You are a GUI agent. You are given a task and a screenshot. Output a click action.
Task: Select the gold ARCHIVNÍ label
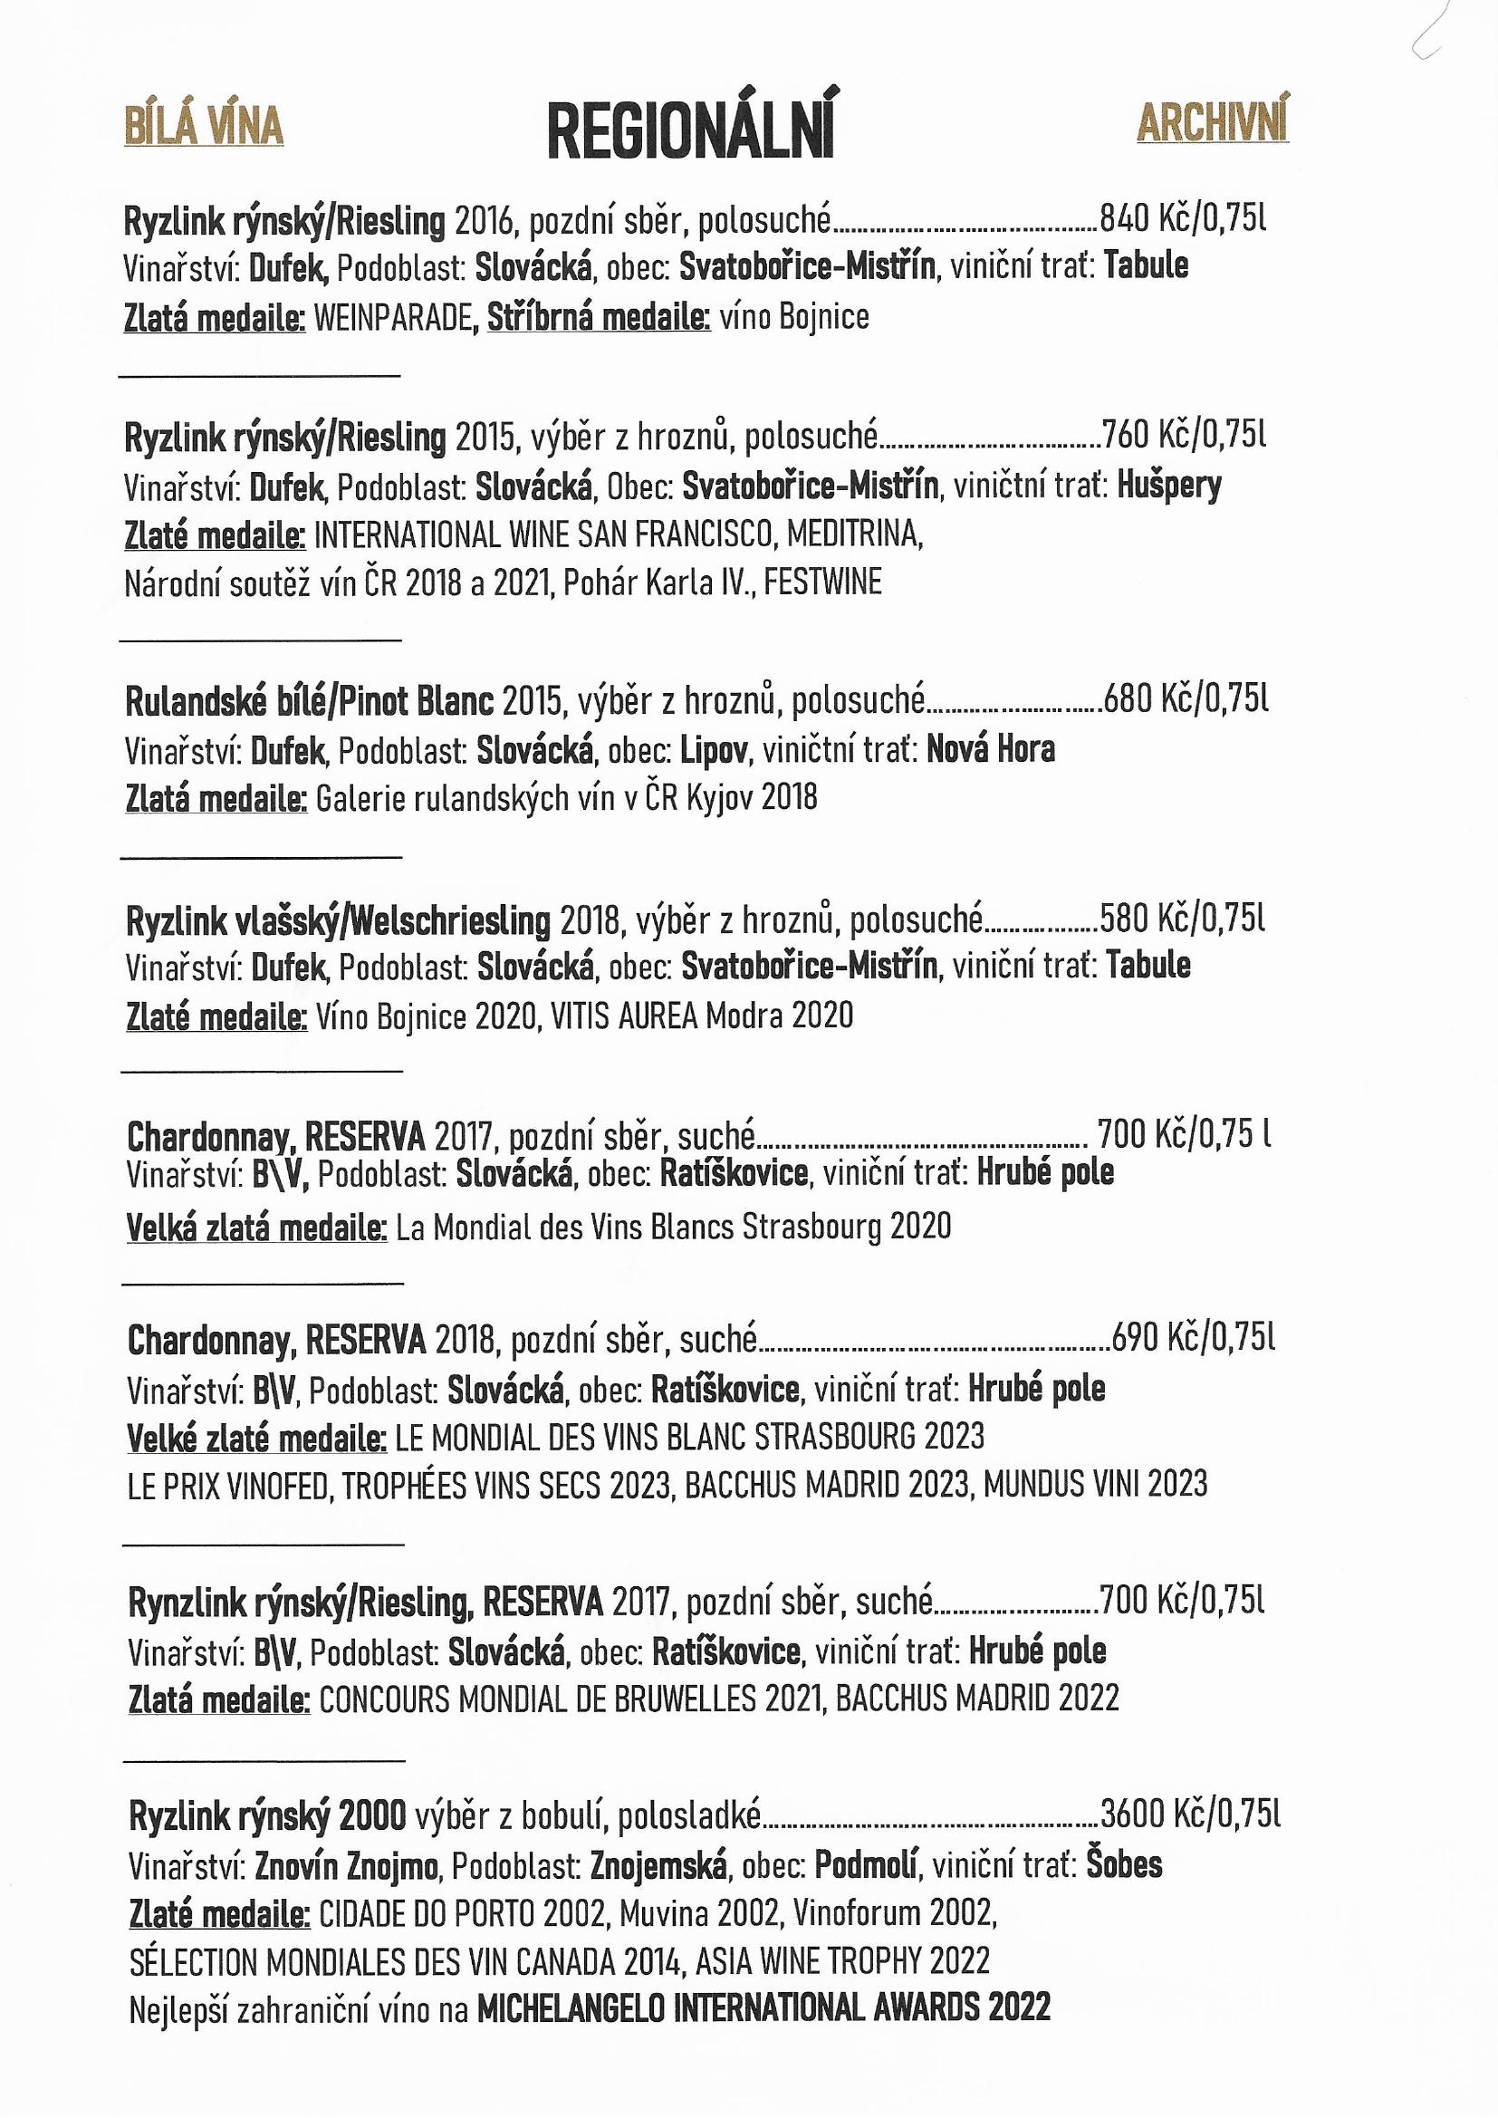(x=1212, y=121)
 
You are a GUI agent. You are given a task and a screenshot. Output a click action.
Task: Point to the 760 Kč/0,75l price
(x=1185, y=434)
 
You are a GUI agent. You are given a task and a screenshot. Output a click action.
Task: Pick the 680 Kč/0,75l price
(x=1186, y=700)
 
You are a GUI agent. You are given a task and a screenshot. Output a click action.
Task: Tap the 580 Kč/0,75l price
(x=1183, y=918)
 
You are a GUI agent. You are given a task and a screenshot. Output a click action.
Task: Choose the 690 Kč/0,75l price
(x=1194, y=1337)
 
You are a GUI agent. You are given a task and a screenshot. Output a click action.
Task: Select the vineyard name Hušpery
(x=1168, y=485)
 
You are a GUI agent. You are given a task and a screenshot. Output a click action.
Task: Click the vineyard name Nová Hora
(x=990, y=749)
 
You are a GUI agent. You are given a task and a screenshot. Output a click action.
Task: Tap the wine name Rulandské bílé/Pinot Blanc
(x=309, y=702)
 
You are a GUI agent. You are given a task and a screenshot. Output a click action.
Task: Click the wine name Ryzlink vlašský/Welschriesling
(x=338, y=919)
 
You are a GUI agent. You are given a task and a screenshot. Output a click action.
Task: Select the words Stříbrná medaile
(x=598, y=317)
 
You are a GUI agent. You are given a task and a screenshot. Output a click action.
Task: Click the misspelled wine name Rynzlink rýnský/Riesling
(x=301, y=1603)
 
